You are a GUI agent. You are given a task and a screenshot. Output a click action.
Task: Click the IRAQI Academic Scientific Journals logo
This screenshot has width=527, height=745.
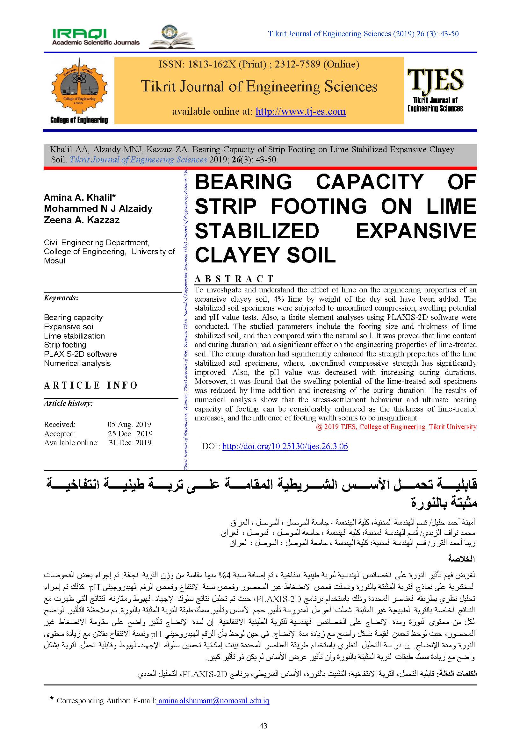(96, 37)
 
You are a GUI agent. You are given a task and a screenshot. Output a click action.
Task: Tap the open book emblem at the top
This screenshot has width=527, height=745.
(172, 37)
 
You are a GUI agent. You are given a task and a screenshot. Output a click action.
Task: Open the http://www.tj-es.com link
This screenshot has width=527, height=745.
(300, 111)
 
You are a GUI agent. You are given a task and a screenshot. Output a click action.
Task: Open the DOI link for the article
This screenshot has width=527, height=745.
(285, 446)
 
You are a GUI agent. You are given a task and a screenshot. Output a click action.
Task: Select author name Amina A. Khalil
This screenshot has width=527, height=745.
(80, 197)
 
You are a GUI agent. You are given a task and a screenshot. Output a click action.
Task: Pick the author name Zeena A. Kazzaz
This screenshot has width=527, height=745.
(82, 220)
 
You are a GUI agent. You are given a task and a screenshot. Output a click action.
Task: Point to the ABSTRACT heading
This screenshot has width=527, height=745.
(234, 279)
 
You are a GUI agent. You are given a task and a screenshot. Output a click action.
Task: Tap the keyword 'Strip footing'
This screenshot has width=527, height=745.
(65, 345)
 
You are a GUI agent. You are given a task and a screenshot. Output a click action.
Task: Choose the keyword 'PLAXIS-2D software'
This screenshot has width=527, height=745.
(80, 354)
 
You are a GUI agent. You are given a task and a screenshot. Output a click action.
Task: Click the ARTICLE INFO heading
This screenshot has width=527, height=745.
(91, 385)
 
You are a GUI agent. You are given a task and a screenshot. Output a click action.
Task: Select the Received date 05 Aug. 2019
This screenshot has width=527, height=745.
(129, 424)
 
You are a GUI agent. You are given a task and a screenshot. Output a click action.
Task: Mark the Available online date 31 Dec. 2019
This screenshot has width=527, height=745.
(130, 443)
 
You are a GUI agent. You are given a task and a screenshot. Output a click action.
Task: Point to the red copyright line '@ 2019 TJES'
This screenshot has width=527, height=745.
(396, 427)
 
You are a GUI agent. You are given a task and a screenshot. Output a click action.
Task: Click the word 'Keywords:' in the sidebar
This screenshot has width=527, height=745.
(61, 298)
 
